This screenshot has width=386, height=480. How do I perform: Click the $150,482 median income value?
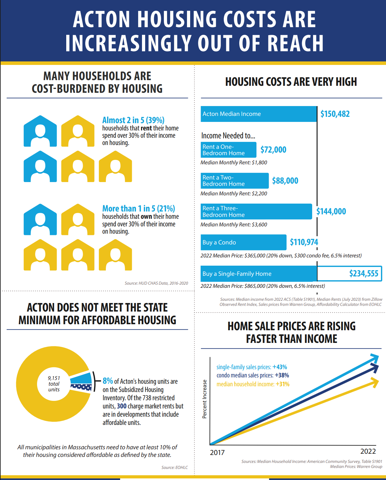[335, 114]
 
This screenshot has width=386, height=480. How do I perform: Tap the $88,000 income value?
[285, 181]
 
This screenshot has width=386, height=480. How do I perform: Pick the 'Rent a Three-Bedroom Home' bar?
[256, 212]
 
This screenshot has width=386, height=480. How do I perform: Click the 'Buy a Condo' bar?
[243, 243]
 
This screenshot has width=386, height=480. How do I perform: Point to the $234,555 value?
[363, 274]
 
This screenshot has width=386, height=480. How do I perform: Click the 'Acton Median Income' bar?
[258, 114]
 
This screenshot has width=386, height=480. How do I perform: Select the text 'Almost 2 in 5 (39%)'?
[133, 120]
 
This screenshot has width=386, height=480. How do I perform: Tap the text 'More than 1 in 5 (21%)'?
[138, 209]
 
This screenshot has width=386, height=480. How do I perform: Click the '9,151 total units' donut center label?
[54, 384]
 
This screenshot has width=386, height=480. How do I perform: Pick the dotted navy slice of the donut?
[81, 387]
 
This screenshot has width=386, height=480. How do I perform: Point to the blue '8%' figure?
[108, 381]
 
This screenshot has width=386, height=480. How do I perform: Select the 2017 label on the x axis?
[217, 452]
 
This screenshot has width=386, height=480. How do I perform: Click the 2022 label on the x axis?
[368, 451]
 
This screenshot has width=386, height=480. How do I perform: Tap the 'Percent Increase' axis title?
[204, 399]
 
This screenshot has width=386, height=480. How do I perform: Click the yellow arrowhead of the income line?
[375, 382]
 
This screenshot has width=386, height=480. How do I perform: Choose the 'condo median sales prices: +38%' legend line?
[253, 376]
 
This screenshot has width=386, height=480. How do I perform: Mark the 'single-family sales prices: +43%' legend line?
[252, 367]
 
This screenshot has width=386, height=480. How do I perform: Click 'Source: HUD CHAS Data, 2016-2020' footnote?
[156, 283]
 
